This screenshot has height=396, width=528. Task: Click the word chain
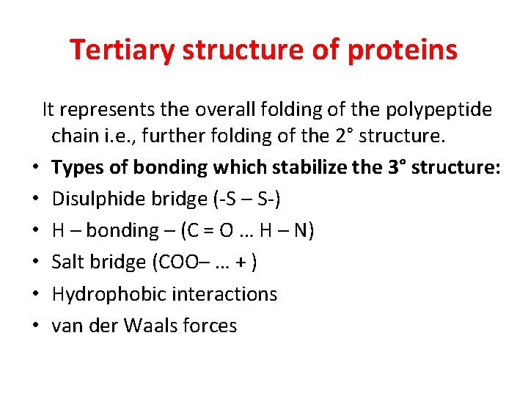[73, 136]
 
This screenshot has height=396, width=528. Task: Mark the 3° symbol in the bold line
[396, 168]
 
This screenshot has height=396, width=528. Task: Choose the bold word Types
[78, 168]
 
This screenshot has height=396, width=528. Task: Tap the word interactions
[224, 294]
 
